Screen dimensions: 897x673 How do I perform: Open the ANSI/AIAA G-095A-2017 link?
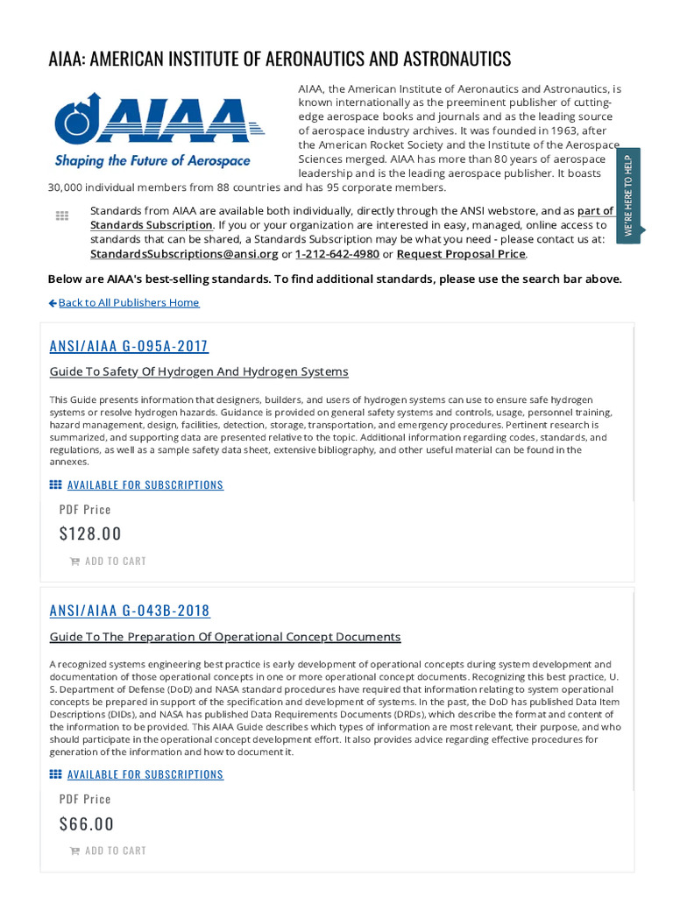(129, 346)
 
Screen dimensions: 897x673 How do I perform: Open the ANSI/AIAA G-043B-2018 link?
(130, 611)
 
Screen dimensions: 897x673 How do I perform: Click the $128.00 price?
(90, 533)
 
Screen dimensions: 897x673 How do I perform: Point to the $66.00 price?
(87, 823)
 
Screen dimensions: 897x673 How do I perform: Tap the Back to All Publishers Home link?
(128, 302)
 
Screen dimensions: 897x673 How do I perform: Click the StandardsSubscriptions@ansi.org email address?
(184, 254)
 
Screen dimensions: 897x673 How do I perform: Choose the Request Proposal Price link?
(461, 254)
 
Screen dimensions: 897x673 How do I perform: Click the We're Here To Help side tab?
(628, 195)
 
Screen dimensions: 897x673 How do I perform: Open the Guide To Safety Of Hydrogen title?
(199, 371)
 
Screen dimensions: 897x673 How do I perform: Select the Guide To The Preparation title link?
(225, 637)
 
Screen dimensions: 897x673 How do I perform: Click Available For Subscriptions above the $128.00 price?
(145, 484)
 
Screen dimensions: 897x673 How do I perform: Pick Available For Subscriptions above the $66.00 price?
(145, 774)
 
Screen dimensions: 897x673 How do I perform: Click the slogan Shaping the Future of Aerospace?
(152, 161)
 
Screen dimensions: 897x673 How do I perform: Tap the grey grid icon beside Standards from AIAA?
(62, 215)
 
